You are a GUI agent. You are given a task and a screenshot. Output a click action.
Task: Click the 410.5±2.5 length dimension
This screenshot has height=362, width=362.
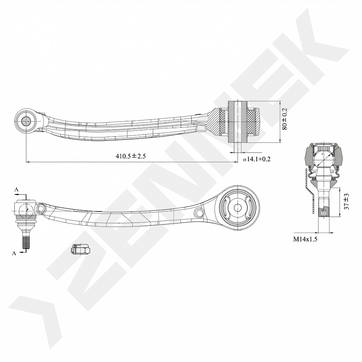click(x=131, y=156)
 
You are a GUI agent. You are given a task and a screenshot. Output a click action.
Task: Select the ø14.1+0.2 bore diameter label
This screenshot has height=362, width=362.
click(x=256, y=159)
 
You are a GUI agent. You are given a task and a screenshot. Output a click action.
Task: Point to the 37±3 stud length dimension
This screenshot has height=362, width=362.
click(x=346, y=201)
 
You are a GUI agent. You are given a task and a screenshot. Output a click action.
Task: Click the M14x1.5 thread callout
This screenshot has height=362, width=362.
click(x=305, y=239)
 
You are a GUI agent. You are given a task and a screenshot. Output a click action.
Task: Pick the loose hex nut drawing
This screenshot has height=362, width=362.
click(x=80, y=249)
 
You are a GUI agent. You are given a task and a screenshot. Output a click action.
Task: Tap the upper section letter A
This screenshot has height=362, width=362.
click(x=16, y=190)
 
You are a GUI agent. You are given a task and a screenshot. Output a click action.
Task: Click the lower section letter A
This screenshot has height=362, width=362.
click(x=14, y=253)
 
